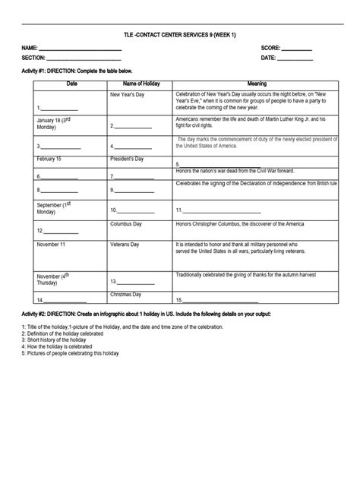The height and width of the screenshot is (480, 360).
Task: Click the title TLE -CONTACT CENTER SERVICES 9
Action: [179, 35]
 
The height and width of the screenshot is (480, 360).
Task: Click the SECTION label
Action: [34, 58]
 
